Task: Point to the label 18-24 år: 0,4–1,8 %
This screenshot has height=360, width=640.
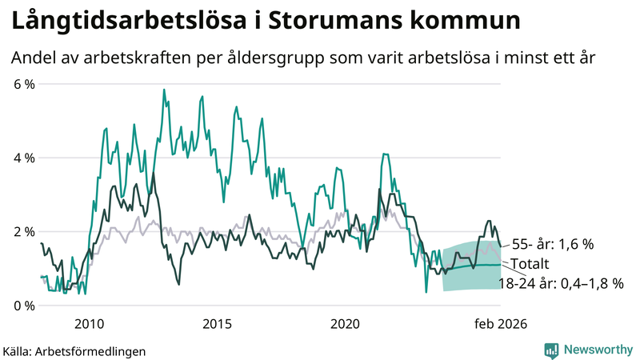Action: tap(561, 283)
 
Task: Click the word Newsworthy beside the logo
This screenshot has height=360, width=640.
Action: tap(597, 350)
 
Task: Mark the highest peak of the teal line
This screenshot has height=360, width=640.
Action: tap(164, 90)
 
